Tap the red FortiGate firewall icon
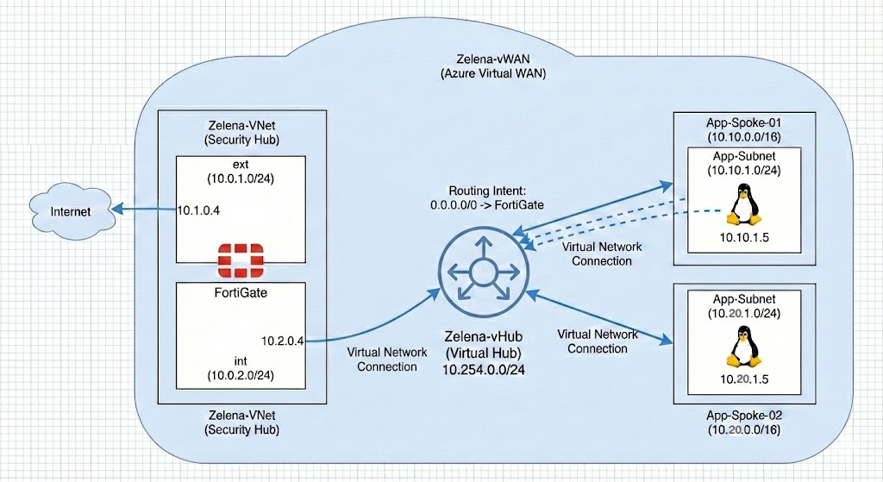[x=243, y=258]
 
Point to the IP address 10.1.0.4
[x=201, y=210]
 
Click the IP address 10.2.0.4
[x=283, y=341]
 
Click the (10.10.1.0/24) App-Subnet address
[x=742, y=171]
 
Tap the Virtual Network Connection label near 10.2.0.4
[x=381, y=360]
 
